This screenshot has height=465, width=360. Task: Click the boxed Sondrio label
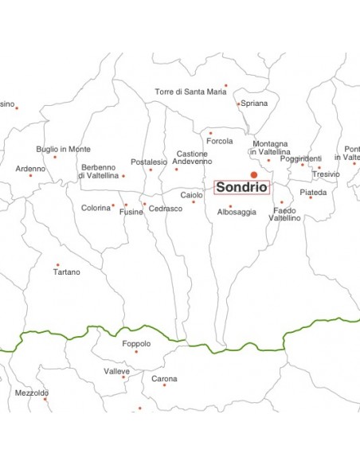242,188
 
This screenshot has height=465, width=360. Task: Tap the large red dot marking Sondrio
254,174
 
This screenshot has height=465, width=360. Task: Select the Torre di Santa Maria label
190,92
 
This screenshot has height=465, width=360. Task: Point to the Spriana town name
254,104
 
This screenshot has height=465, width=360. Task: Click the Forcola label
219,141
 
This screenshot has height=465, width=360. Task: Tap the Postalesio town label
149,162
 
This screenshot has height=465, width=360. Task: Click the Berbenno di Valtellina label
98,171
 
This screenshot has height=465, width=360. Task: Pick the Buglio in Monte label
63,149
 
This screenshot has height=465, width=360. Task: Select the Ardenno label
30,168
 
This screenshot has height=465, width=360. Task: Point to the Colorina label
96,208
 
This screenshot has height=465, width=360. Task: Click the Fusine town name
131,212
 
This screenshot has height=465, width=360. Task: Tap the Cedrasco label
166,209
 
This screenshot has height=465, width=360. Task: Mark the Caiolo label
191,195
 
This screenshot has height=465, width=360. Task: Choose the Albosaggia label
237,212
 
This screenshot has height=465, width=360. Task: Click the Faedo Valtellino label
284,214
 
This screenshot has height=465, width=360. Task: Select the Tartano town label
66,272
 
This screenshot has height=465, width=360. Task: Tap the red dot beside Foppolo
135,351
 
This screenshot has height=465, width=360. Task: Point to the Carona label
164,378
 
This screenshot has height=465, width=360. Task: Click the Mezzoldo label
32,393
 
